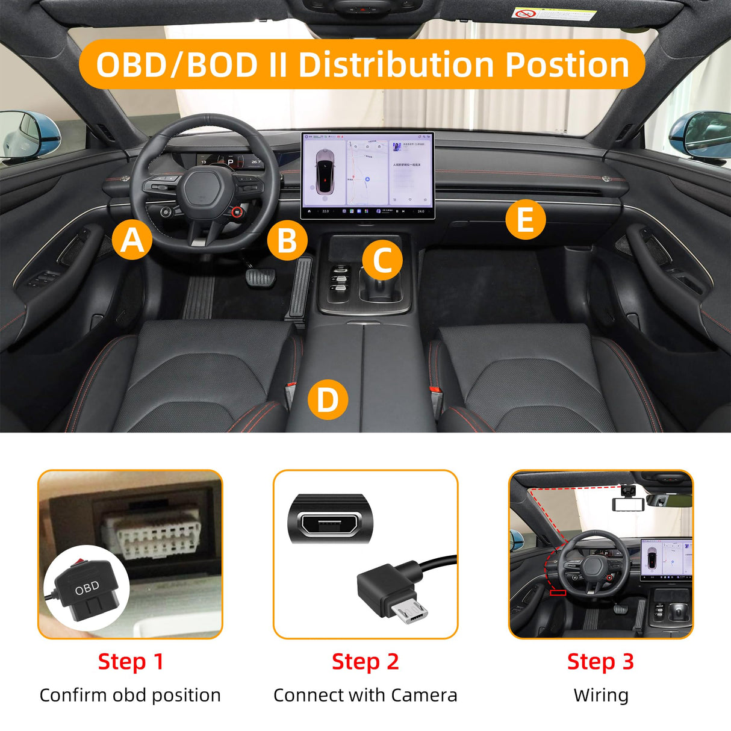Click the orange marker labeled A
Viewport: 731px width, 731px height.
[x=132, y=240]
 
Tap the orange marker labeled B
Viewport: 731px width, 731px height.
[x=287, y=240]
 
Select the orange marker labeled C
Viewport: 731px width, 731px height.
[x=382, y=260]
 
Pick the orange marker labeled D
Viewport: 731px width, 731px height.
[x=328, y=399]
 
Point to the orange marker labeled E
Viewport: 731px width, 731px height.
[x=525, y=219]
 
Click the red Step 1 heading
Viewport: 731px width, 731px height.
[x=131, y=661]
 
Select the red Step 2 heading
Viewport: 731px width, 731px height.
[x=365, y=661]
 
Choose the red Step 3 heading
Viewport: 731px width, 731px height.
[x=600, y=661]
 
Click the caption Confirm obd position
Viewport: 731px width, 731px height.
[x=130, y=695]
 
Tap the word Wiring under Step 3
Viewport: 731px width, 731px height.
[x=600, y=695]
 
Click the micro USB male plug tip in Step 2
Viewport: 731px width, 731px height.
[x=412, y=612]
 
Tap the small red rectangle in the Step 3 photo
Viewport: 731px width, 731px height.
[x=558, y=593]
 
